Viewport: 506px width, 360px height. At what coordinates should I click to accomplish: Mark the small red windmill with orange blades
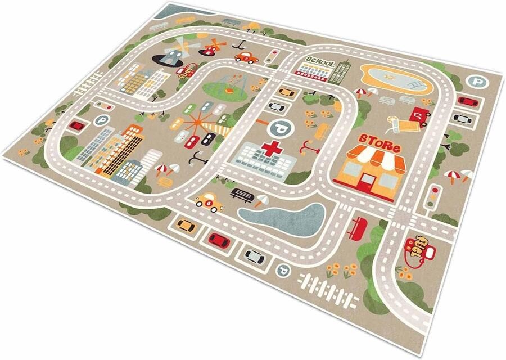coord(213,46)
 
